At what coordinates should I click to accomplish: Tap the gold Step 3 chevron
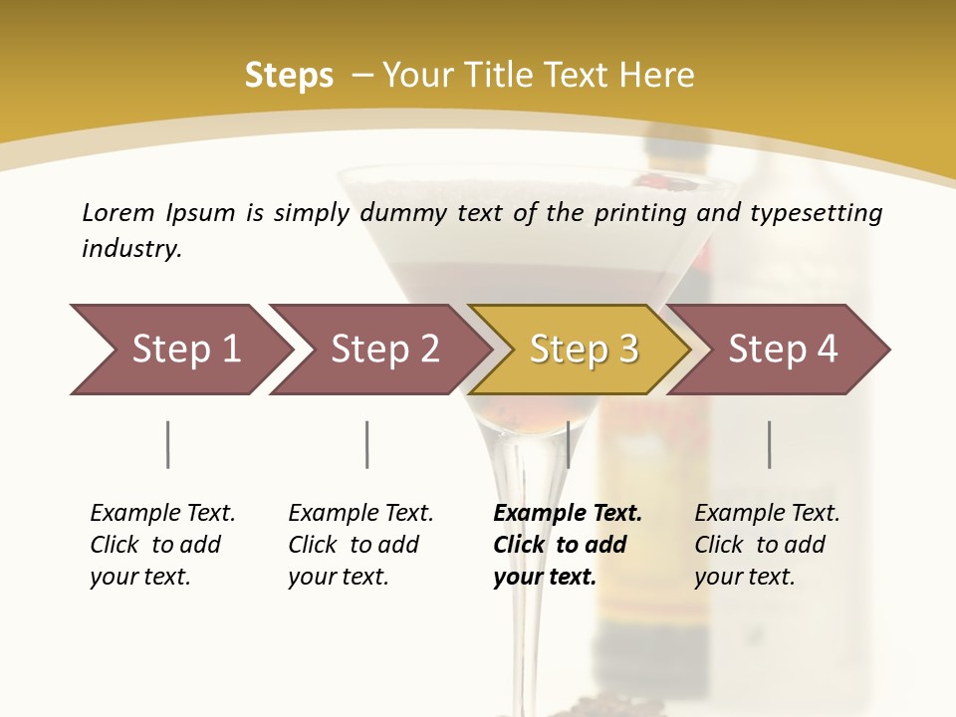pos(584,350)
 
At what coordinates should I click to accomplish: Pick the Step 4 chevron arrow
pos(783,350)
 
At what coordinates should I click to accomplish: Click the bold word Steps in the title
pos(289,76)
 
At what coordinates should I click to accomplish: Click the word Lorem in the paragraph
pos(118,213)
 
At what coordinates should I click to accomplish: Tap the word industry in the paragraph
pos(131,248)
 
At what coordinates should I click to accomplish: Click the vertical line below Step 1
pos(168,444)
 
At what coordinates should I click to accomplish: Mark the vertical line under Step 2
pos(367,444)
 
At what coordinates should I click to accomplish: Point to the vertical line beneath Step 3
pos(568,444)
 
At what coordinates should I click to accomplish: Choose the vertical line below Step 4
pos(769,444)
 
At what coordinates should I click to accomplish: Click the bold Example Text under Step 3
pos(568,514)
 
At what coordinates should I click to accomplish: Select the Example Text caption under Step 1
pos(162,514)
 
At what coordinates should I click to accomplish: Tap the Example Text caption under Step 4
pos(767,514)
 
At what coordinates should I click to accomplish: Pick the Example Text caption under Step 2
pos(360,514)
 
